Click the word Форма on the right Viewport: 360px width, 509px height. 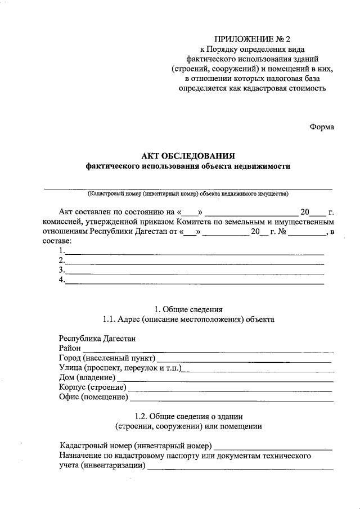pyautogui.click(x=321, y=127)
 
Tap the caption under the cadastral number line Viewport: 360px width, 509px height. pyautogui.click(x=188, y=194)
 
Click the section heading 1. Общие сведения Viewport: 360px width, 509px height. pyautogui.click(x=188, y=309)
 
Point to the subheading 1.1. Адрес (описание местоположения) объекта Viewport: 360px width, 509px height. pyautogui.click(x=188, y=319)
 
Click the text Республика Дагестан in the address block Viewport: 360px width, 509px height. pyautogui.click(x=97, y=339)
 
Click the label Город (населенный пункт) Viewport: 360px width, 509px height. pyautogui.click(x=107, y=358)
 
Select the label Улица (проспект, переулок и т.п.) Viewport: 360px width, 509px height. pyautogui.click(x=124, y=368)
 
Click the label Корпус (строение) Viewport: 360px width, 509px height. pyautogui.click(x=92, y=388)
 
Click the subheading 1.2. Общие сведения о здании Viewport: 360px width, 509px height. pyautogui.click(x=188, y=416)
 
